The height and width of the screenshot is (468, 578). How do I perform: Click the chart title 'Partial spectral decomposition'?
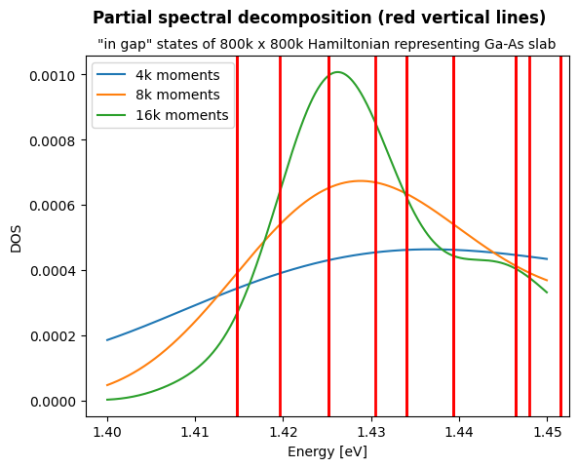(x=319, y=19)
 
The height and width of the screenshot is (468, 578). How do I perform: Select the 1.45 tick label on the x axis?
(x=547, y=430)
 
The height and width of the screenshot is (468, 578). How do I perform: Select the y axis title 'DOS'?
(x=16, y=237)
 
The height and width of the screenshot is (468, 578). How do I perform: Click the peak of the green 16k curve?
(x=336, y=72)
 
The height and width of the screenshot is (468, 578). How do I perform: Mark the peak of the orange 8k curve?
(x=360, y=180)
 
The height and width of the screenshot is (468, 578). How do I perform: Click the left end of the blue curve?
(x=107, y=340)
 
